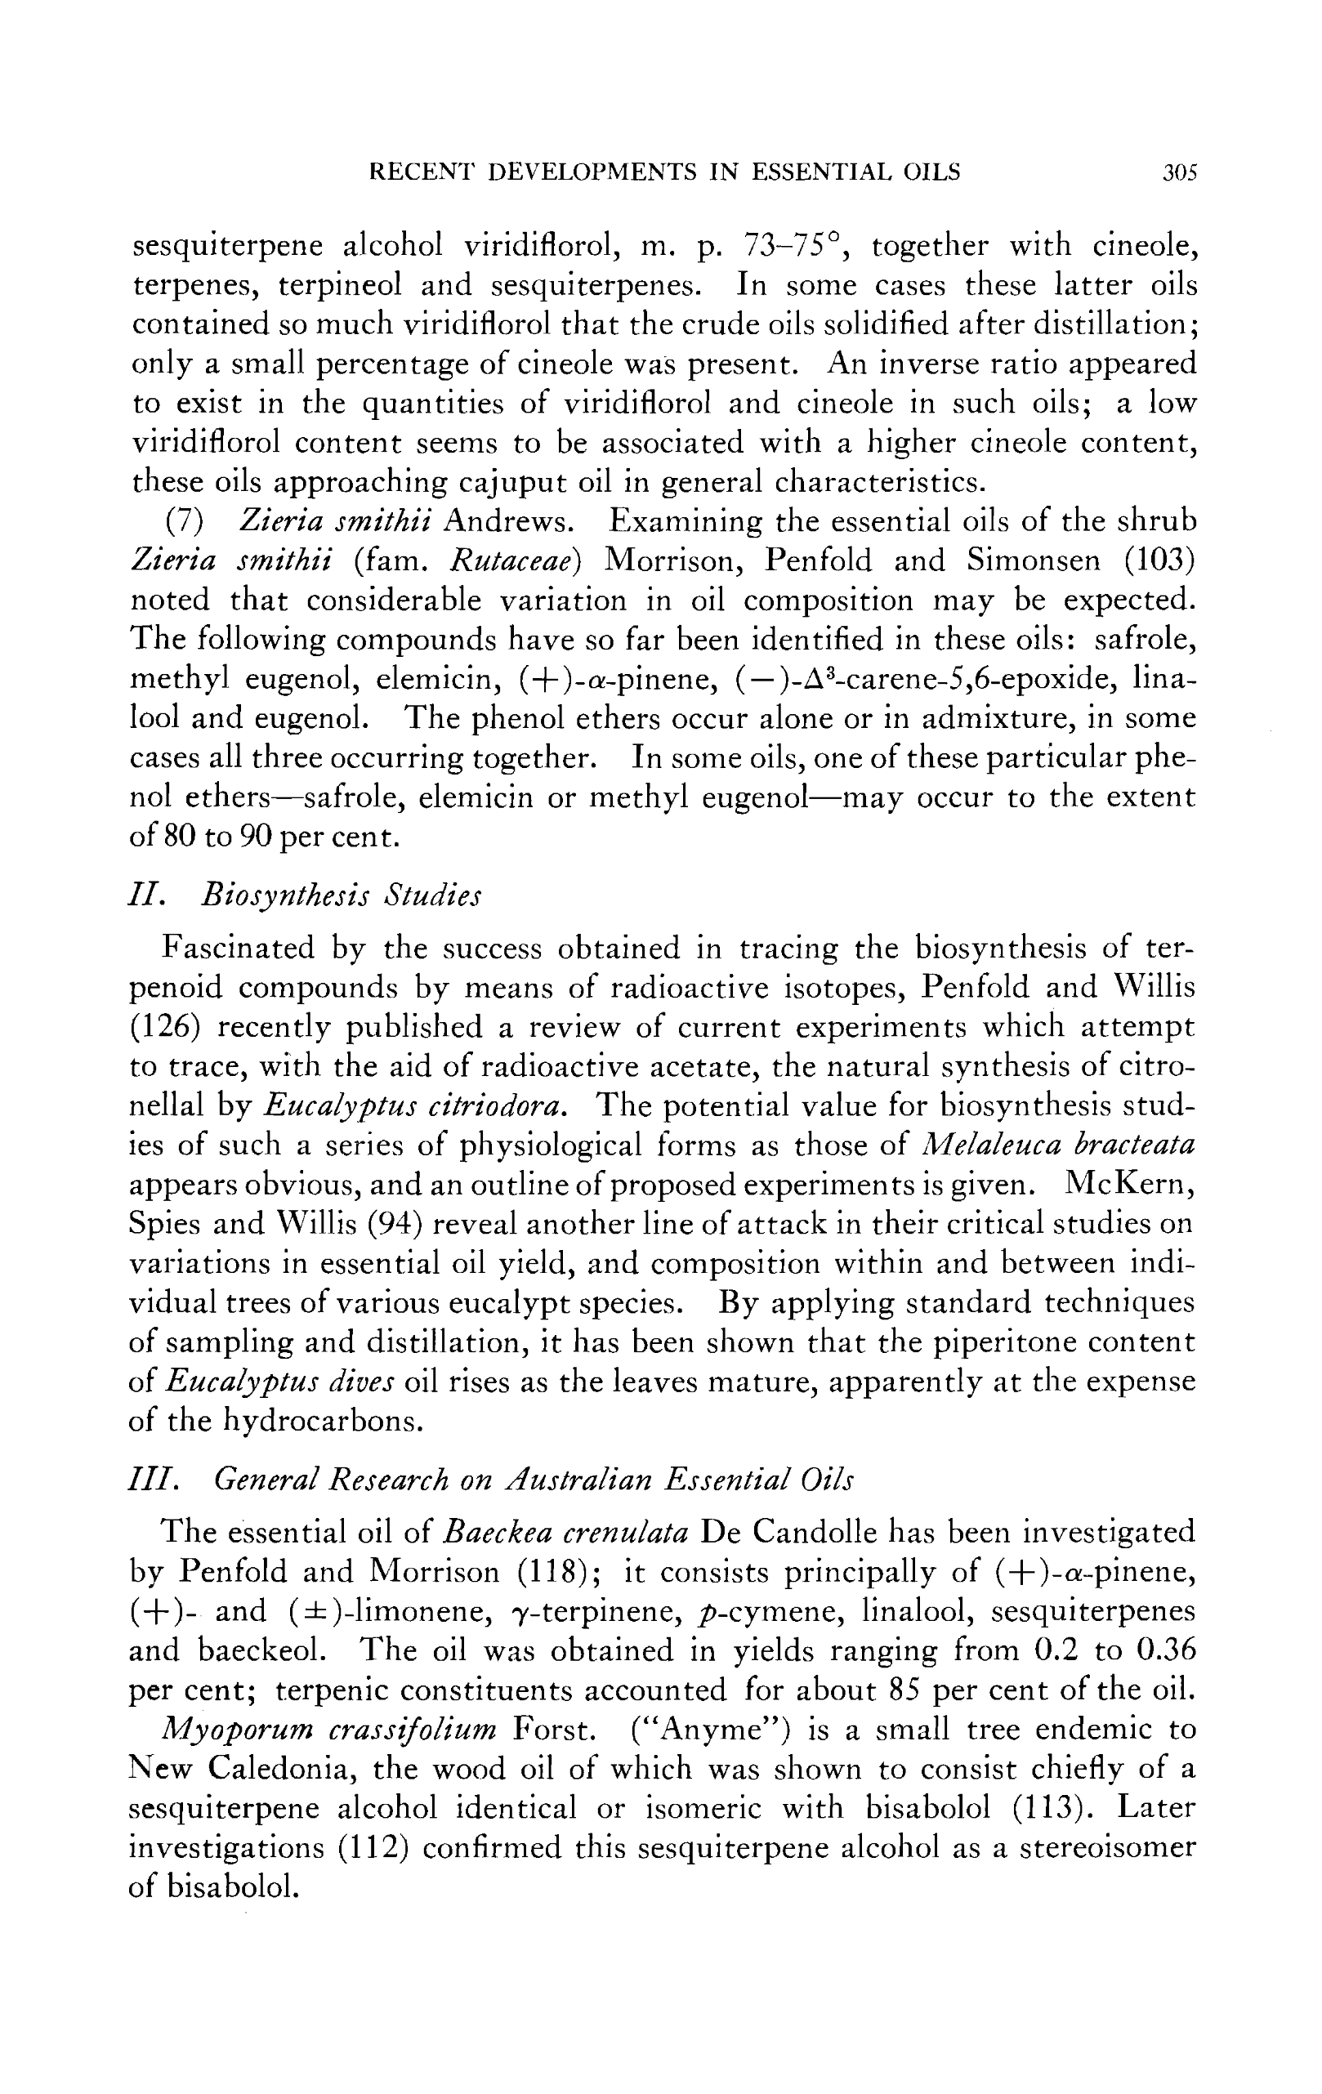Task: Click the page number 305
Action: coord(1180,172)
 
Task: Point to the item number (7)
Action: coord(185,522)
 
